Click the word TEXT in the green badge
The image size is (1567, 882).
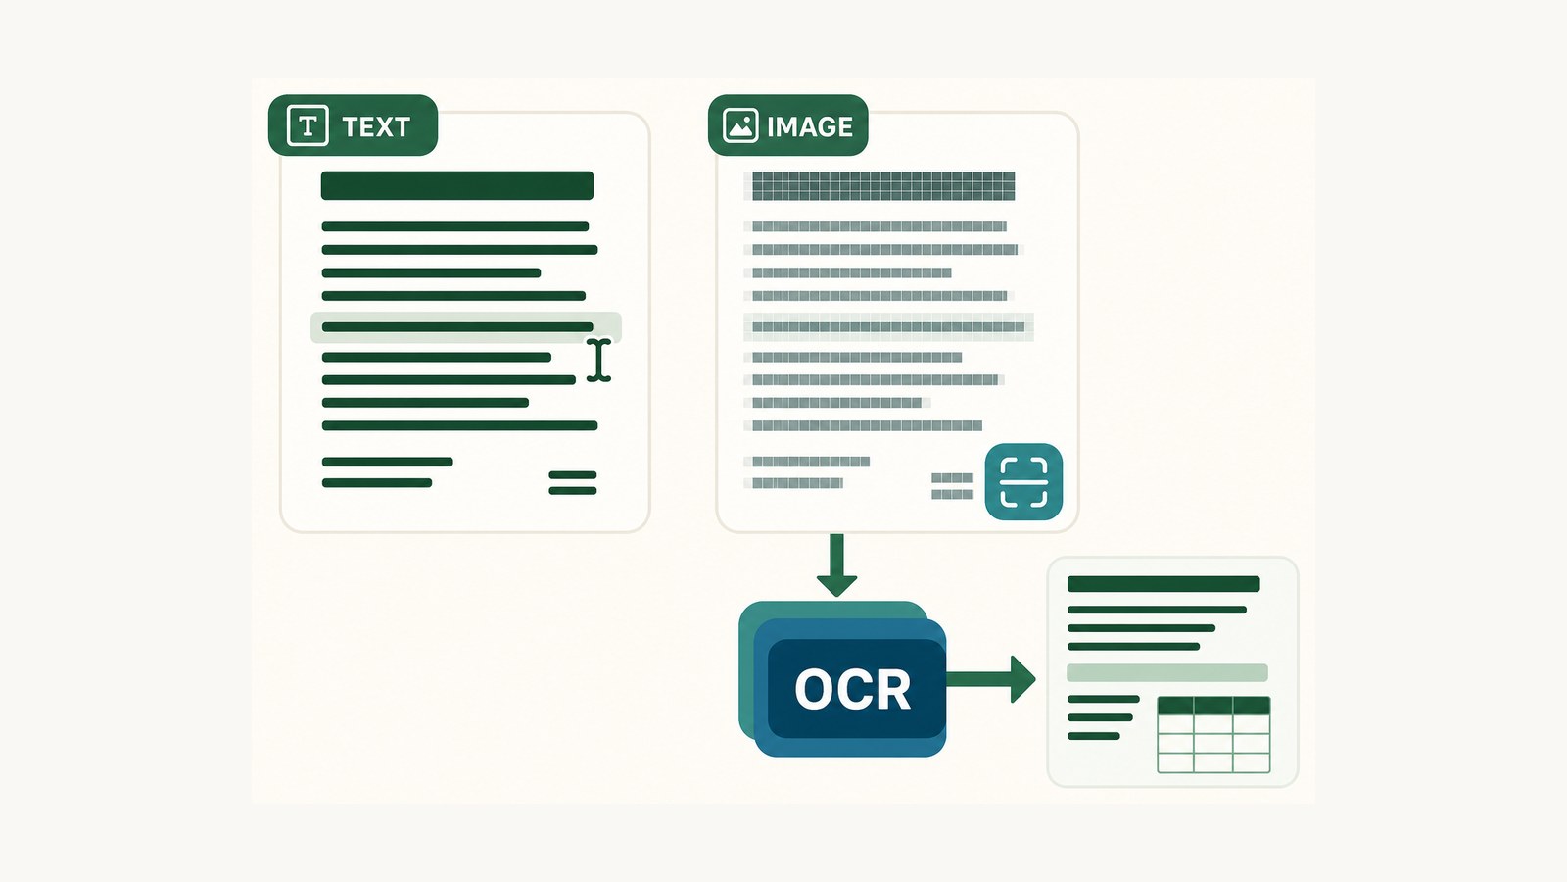coord(376,126)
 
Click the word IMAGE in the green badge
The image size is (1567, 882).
coord(809,126)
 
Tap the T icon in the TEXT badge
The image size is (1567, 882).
coord(308,125)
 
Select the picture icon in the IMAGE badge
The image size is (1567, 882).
coord(740,125)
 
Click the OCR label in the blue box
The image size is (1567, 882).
coord(853,690)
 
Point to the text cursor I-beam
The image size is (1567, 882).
coord(598,361)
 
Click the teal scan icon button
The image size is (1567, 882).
coord(1023,481)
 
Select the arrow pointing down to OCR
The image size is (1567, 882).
coord(836,564)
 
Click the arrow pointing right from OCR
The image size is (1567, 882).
coord(991,679)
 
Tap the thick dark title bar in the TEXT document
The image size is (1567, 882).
coord(456,185)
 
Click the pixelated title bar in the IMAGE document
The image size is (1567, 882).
coord(882,185)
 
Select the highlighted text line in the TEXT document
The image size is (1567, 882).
coord(466,327)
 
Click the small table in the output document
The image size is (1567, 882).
coord(1213,734)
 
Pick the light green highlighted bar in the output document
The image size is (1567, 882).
coord(1166,672)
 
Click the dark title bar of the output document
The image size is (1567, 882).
coord(1163,584)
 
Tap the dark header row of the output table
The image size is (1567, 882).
coord(1213,705)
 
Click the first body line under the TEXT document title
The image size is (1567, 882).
coord(454,226)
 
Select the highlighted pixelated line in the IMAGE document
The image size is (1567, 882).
coord(888,327)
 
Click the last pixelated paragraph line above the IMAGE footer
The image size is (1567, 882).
coord(867,425)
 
